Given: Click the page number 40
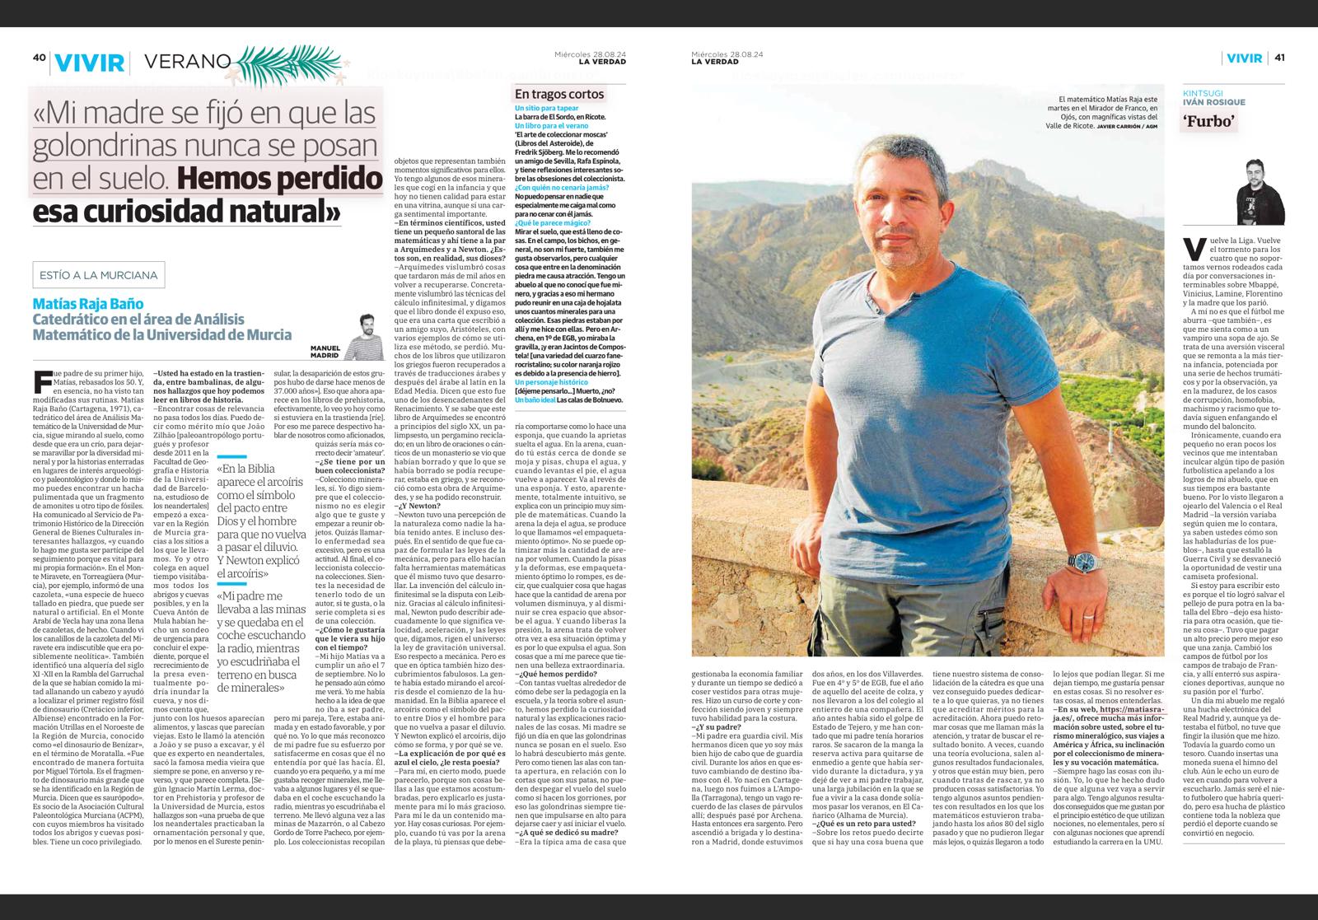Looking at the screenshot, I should (x=38, y=58).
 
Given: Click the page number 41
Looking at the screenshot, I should (x=1279, y=58).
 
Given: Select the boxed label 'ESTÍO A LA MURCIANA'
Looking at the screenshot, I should (x=96, y=274).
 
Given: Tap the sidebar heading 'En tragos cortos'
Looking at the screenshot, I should (x=559, y=94).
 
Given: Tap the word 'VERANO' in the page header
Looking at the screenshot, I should (x=187, y=60).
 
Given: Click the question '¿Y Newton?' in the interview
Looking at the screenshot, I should (x=416, y=506).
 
